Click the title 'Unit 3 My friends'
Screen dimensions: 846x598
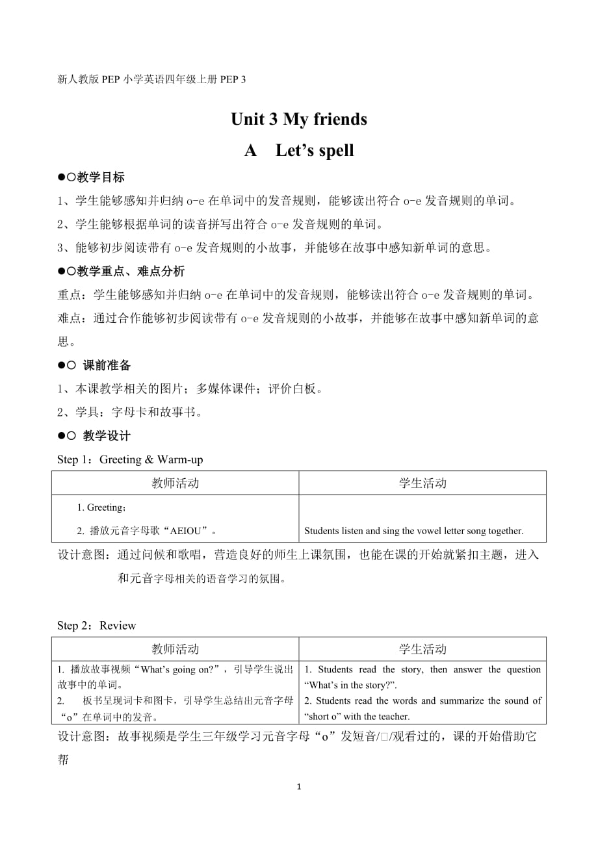click(299, 120)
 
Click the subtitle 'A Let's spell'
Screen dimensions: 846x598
click(299, 151)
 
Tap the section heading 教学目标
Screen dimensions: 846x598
click(101, 177)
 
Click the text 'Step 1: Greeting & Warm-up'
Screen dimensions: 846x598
click(130, 460)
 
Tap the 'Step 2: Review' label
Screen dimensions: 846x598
click(97, 626)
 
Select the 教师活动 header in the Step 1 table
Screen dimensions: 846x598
click(175, 483)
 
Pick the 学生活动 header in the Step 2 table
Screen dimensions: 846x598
click(422, 649)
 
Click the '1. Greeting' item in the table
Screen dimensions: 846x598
click(101, 507)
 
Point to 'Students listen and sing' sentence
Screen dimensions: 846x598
click(413, 531)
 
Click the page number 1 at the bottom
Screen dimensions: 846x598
click(298, 787)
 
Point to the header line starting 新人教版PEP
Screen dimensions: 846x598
click(152, 79)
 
